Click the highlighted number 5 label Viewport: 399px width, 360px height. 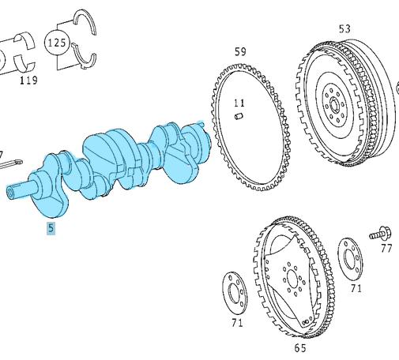click(51, 229)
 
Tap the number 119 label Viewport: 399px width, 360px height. click(28, 80)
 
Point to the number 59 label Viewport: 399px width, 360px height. click(240, 52)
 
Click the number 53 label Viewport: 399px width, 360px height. click(344, 29)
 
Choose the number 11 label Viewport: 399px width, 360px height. click(239, 103)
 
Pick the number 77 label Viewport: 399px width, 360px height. click(386, 249)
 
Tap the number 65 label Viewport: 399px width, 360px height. click(300, 347)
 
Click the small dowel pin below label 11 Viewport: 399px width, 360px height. click(238, 118)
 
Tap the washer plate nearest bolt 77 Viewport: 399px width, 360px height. click(351, 258)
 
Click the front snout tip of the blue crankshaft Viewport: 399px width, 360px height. click(11, 192)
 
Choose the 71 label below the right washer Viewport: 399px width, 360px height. click(356, 289)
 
